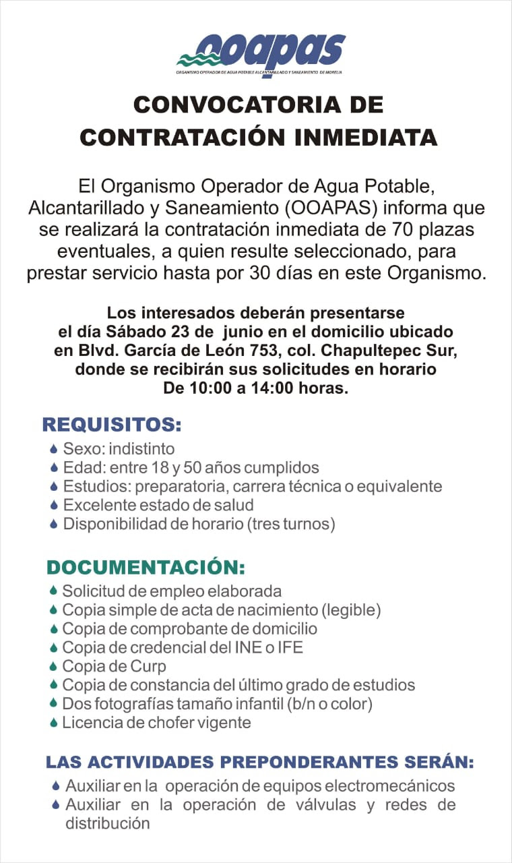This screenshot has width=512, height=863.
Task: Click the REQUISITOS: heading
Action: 112,425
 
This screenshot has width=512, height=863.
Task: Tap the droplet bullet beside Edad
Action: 54,468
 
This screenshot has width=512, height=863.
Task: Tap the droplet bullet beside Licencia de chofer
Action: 53,723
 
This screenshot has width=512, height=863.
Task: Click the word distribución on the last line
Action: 107,823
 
